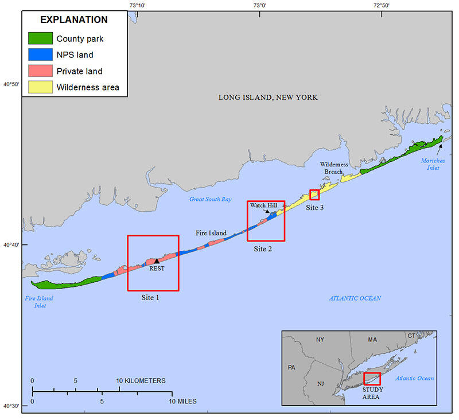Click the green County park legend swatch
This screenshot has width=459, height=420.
(40, 39)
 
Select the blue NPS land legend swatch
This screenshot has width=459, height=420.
(40, 55)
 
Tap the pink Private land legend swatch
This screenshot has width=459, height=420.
(40, 71)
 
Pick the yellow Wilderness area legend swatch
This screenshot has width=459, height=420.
(40, 87)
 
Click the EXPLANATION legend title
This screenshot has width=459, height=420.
(74, 20)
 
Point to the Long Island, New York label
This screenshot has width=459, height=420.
(268, 98)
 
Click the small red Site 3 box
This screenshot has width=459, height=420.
(314, 195)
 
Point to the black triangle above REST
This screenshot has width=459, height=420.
(157, 261)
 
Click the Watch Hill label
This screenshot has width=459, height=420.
(263, 205)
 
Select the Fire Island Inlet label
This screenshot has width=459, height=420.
(39, 302)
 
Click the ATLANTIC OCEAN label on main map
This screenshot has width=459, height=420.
(355, 298)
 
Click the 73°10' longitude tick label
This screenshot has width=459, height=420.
(138, 5)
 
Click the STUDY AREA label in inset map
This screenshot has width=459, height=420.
(372, 394)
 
